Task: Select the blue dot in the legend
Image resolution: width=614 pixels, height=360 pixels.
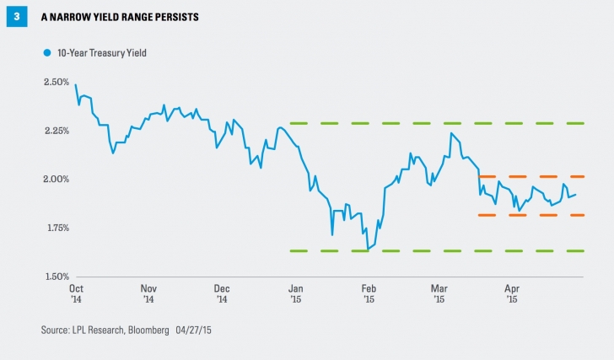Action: pos(47,52)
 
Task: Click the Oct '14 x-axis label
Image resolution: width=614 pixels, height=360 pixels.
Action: pos(76,293)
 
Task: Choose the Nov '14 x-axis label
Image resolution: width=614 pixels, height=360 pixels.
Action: pos(148,293)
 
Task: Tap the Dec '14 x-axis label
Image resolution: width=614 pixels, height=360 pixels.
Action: pos(222,293)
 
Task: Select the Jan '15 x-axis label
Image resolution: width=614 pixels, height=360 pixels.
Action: pos(295,293)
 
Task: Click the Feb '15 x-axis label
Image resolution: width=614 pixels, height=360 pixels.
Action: pos(369,293)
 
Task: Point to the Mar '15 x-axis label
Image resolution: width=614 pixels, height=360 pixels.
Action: pos(439,293)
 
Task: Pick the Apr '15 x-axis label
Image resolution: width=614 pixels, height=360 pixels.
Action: pos(512,293)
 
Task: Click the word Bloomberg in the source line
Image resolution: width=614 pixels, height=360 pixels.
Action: pos(173,328)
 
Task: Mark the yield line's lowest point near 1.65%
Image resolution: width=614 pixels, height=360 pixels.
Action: pos(368,250)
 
